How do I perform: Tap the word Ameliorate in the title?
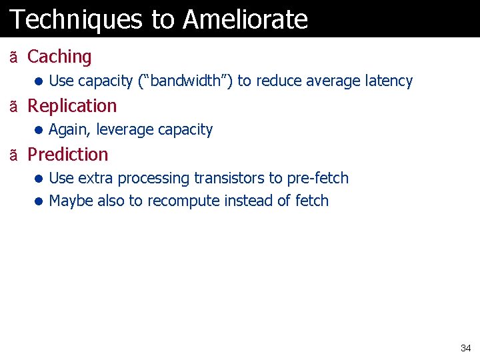[245, 19]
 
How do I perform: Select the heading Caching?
[59, 57]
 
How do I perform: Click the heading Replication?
[72, 106]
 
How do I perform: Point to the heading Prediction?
[67, 155]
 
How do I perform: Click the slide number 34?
[465, 348]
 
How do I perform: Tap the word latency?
[389, 81]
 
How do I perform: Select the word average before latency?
[333, 81]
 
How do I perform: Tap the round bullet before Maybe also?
[39, 201]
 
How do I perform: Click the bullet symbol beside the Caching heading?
[14, 58]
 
